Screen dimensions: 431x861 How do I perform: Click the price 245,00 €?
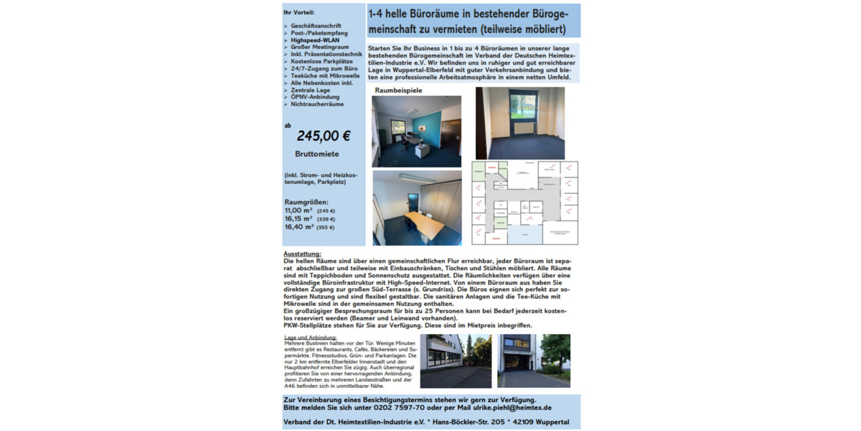coord(323,136)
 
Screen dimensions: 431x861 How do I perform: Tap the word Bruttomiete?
coord(316,154)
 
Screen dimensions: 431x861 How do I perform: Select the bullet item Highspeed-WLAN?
coord(316,40)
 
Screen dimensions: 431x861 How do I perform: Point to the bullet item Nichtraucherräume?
coord(317,104)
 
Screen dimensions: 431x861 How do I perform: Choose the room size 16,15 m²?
coord(298,218)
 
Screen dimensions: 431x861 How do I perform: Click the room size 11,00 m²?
coord(298,210)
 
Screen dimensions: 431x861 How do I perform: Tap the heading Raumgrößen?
coord(306,202)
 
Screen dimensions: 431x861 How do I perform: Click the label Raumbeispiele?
coord(398,91)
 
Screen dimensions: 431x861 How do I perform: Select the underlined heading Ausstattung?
coord(302,254)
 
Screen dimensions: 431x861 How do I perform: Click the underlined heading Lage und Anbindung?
coord(310,337)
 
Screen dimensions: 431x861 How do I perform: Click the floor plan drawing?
coord(524,203)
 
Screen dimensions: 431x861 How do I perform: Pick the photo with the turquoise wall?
coord(416,131)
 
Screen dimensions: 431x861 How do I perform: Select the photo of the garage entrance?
coord(533,361)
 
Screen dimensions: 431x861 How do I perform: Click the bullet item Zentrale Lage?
coord(310,91)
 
